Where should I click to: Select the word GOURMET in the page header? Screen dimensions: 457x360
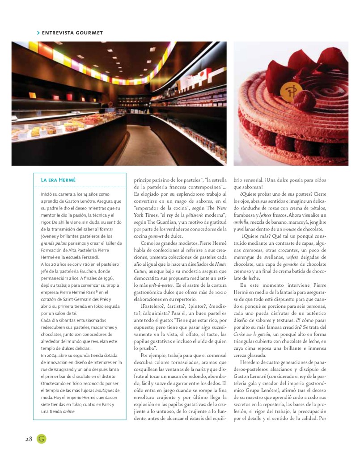(x=89, y=33)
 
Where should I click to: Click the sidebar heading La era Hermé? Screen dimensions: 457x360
(x=58, y=180)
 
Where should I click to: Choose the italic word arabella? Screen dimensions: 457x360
(x=244, y=216)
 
